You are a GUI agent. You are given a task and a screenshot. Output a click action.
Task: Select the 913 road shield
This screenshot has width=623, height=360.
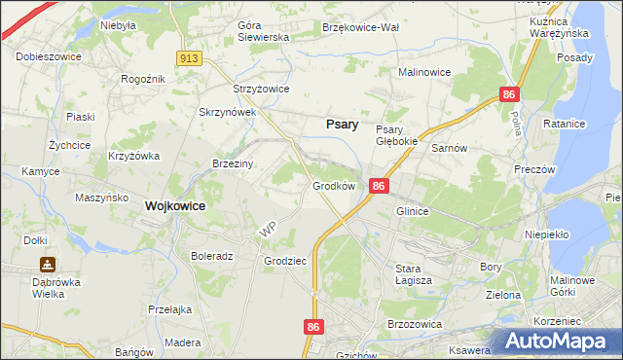190,59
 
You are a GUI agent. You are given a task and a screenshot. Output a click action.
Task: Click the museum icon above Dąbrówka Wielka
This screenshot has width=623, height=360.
48,264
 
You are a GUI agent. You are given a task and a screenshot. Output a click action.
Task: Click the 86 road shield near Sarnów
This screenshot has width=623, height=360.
509,94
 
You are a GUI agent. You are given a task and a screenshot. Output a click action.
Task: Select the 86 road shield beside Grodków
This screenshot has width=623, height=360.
380,186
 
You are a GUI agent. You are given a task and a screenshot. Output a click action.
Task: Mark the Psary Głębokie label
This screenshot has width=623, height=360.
396,135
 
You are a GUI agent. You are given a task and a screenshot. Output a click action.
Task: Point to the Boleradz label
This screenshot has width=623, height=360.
212,257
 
